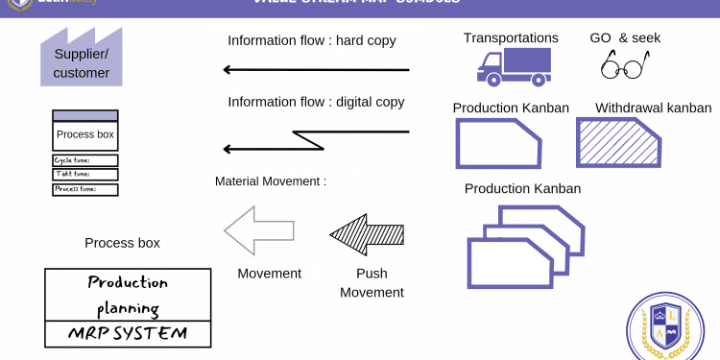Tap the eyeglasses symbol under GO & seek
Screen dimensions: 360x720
pyautogui.click(x=624, y=65)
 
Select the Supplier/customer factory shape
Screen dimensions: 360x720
pyautogui.click(x=82, y=60)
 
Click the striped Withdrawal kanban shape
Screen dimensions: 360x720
pyautogui.click(x=618, y=144)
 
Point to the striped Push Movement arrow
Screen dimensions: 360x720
pyautogui.click(x=367, y=234)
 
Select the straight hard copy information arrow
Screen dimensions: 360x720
pyautogui.click(x=316, y=69)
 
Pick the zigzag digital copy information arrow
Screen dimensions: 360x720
pyautogui.click(x=316, y=139)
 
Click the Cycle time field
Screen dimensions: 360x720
pyautogui.click(x=85, y=160)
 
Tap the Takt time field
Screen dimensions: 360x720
pyautogui.click(x=85, y=175)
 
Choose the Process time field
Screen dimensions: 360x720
pyautogui.click(x=85, y=189)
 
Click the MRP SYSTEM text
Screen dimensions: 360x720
pyautogui.click(x=128, y=334)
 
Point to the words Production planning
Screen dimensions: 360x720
pyautogui.click(x=128, y=296)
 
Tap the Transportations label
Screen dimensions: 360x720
pyautogui.click(x=511, y=38)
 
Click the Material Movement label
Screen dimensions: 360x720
pyautogui.click(x=271, y=180)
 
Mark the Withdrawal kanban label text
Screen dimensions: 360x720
pyautogui.click(x=653, y=108)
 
